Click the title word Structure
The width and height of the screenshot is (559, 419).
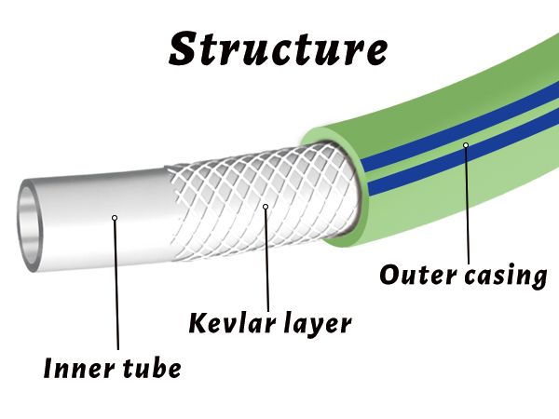[278, 48]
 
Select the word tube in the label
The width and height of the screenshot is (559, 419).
[152, 368]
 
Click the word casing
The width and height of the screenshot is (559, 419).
[506, 276]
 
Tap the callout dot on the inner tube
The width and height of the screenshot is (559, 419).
[115, 218]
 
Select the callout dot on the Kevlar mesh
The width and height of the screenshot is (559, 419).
[266, 207]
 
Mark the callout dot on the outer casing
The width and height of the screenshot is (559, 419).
[466, 145]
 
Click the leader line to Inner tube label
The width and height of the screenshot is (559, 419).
[116, 285]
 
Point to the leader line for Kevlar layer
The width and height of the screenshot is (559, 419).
[266, 260]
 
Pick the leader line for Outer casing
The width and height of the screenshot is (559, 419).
[467, 206]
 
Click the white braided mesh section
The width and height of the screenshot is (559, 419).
[264, 201]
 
